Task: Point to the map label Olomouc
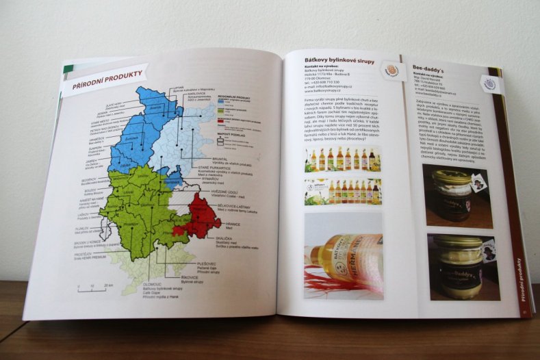pos(153,283)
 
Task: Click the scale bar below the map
pos(93,288)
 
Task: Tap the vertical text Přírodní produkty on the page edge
pos(515,281)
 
